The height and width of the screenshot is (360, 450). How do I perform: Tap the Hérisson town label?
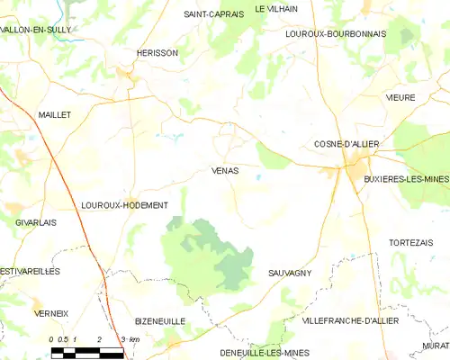157,53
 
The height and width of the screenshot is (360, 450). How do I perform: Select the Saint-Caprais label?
212,14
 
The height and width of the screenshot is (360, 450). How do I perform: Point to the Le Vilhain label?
275,8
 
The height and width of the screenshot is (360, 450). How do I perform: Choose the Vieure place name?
400,97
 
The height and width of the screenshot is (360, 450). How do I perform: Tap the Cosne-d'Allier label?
346,144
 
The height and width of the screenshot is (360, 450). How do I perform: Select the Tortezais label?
409,243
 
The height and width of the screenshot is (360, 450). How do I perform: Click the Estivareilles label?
30,271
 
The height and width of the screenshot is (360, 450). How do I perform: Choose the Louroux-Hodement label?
124,205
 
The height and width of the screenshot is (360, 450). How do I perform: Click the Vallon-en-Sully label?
36,30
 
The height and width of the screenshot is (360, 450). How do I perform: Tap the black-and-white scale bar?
86,351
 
